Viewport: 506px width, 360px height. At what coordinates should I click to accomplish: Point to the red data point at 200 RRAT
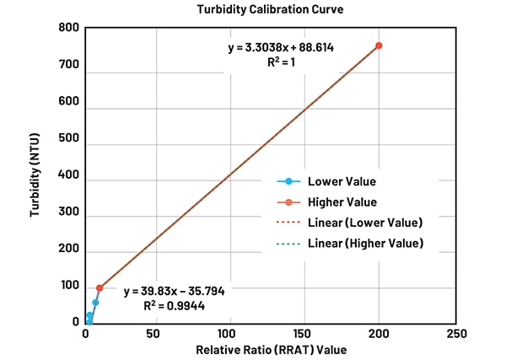[x=379, y=46]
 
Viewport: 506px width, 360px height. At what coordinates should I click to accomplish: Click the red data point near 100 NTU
[x=100, y=288]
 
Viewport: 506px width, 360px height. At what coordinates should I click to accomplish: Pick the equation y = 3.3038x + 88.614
[x=281, y=47]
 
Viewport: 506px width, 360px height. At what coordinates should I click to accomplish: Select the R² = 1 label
[x=281, y=62]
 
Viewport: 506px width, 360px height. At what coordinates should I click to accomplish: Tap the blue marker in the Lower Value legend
[x=288, y=181]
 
